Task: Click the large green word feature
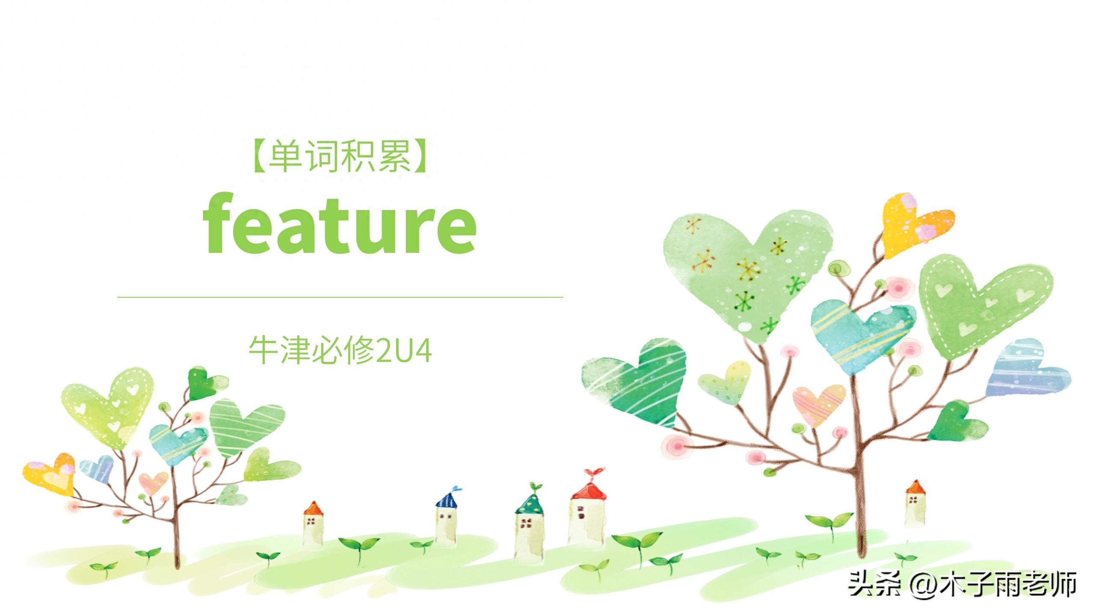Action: pos(340,223)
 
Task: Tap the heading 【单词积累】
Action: pos(340,157)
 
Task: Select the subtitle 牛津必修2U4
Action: pos(340,350)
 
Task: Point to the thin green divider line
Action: pos(340,296)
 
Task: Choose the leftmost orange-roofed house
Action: pos(313,525)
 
